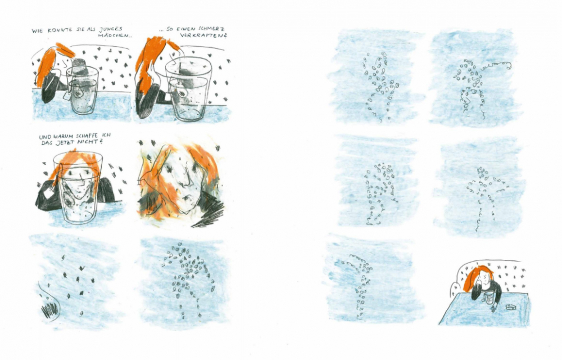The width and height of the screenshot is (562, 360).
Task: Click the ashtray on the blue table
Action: pyautogui.click(x=511, y=307)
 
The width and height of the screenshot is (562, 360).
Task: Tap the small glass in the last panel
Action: pyautogui.click(x=489, y=297)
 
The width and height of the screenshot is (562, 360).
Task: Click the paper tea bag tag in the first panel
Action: pyautogui.click(x=67, y=96)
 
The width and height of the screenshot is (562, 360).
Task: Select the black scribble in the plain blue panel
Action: pyautogui.click(x=49, y=309)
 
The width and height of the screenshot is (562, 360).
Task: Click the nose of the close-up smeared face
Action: pyautogui.click(x=188, y=174)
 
